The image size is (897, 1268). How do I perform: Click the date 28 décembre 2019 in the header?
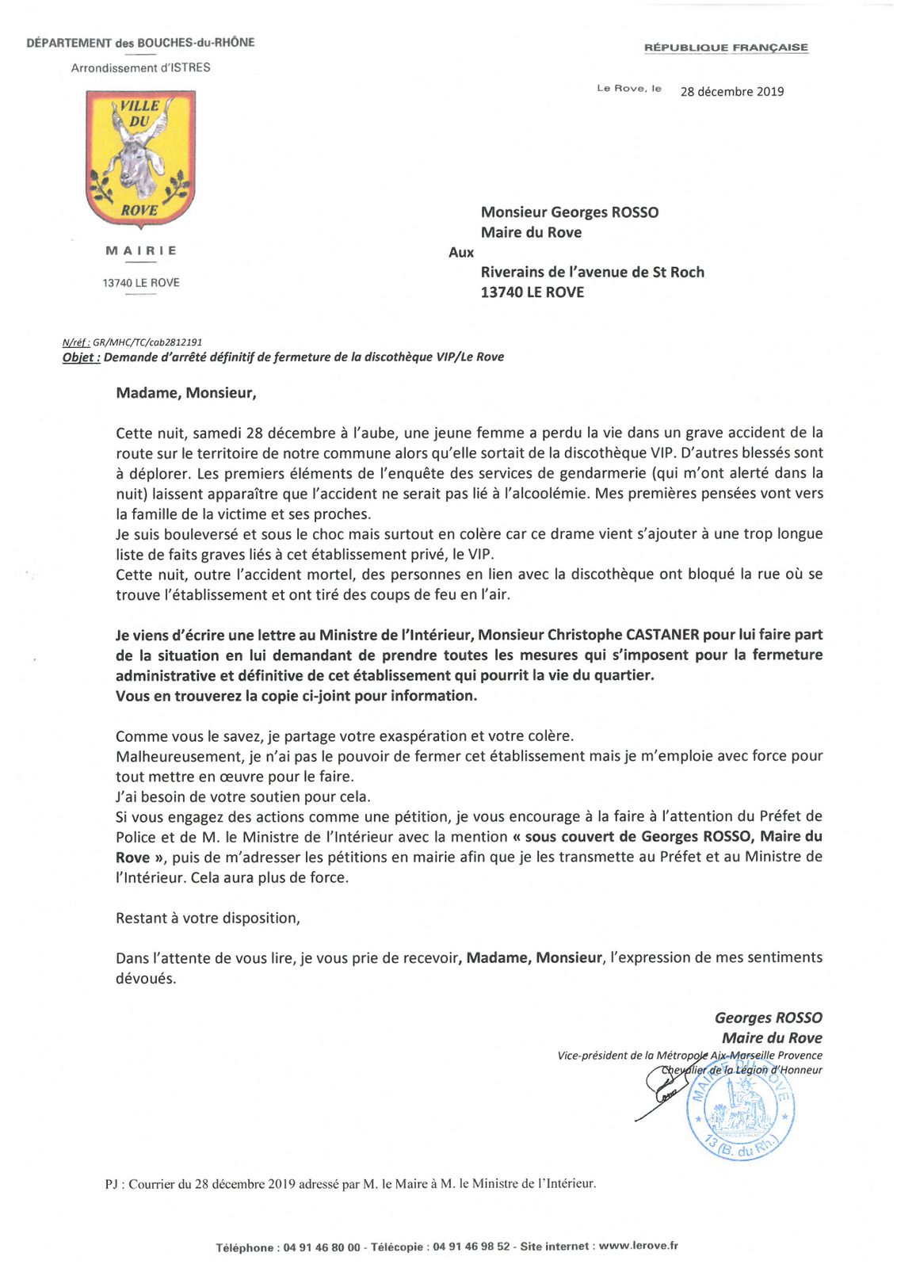(731, 92)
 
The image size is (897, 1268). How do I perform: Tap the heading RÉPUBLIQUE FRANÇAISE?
(726, 48)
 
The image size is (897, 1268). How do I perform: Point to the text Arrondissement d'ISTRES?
(140, 68)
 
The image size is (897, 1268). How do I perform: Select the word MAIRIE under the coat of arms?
(141, 251)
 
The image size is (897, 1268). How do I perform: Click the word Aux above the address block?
(461, 253)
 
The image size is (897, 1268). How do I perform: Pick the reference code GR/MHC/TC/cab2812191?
(147, 342)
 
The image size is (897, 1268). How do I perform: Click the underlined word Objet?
(81, 357)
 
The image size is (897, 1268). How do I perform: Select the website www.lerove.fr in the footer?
(638, 1246)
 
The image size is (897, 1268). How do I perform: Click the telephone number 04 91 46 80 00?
(321, 1247)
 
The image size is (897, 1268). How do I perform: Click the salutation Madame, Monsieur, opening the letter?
(186, 393)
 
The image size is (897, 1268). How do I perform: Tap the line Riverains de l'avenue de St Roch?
(592, 273)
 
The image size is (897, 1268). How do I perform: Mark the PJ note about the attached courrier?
(350, 1184)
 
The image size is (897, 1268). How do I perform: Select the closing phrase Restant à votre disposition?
(208, 919)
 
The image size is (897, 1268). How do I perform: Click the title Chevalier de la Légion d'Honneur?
(742, 1070)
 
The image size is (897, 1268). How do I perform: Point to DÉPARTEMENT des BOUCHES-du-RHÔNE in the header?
(140, 43)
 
